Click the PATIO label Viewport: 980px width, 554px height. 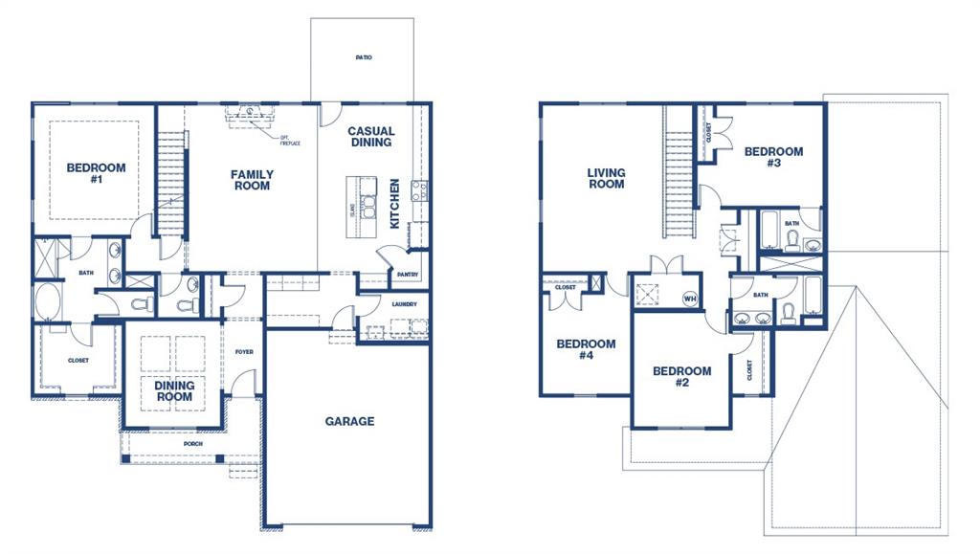pos(363,57)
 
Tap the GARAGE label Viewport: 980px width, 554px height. pos(349,421)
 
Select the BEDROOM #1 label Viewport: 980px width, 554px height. pos(96,174)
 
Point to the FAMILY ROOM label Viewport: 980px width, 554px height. pos(252,180)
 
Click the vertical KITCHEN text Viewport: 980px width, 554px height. pos(394,203)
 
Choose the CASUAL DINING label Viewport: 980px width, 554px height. pos(370,137)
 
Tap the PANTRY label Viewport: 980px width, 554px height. pos(406,275)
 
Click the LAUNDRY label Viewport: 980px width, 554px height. pos(405,305)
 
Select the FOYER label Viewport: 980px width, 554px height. pos(244,352)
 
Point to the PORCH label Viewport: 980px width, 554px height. pos(194,444)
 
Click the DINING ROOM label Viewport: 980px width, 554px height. pos(174,391)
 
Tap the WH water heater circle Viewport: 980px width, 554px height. pos(689,299)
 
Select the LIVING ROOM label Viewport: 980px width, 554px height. pos(606,179)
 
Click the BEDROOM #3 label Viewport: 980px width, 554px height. pos(773,157)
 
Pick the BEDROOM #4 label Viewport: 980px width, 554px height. pos(586,350)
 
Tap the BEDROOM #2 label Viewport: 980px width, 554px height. pos(681,377)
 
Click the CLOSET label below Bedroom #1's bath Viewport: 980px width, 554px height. pos(78,361)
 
